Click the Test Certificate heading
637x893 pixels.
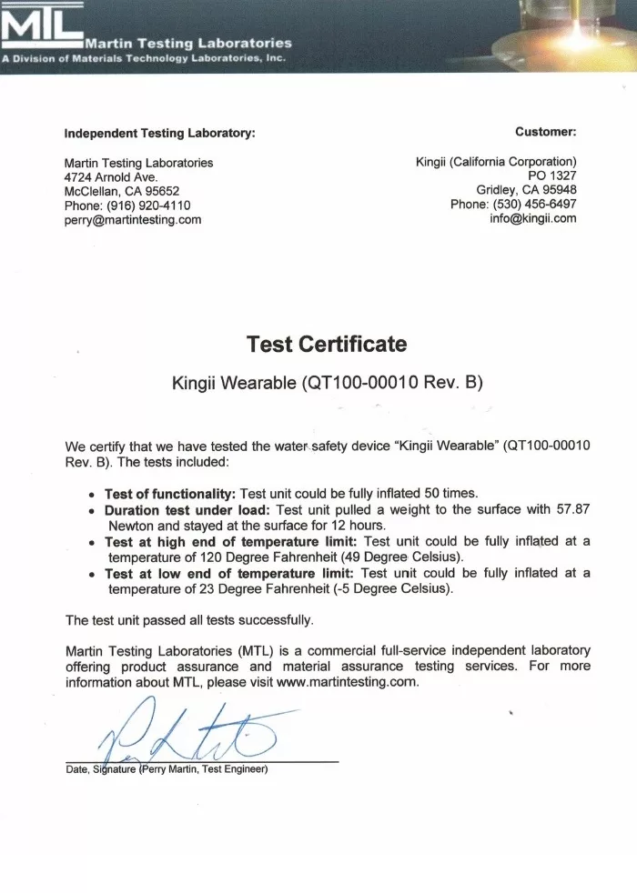(327, 344)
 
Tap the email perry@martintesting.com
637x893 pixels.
(133, 219)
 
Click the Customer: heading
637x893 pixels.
(545, 133)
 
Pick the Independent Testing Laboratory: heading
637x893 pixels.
(159, 133)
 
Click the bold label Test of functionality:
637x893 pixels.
(170, 493)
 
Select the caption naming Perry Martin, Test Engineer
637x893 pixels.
(202, 770)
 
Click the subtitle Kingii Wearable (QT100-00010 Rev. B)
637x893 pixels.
(327, 384)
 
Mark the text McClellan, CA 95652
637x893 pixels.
(122, 191)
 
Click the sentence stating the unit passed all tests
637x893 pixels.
(189, 620)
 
